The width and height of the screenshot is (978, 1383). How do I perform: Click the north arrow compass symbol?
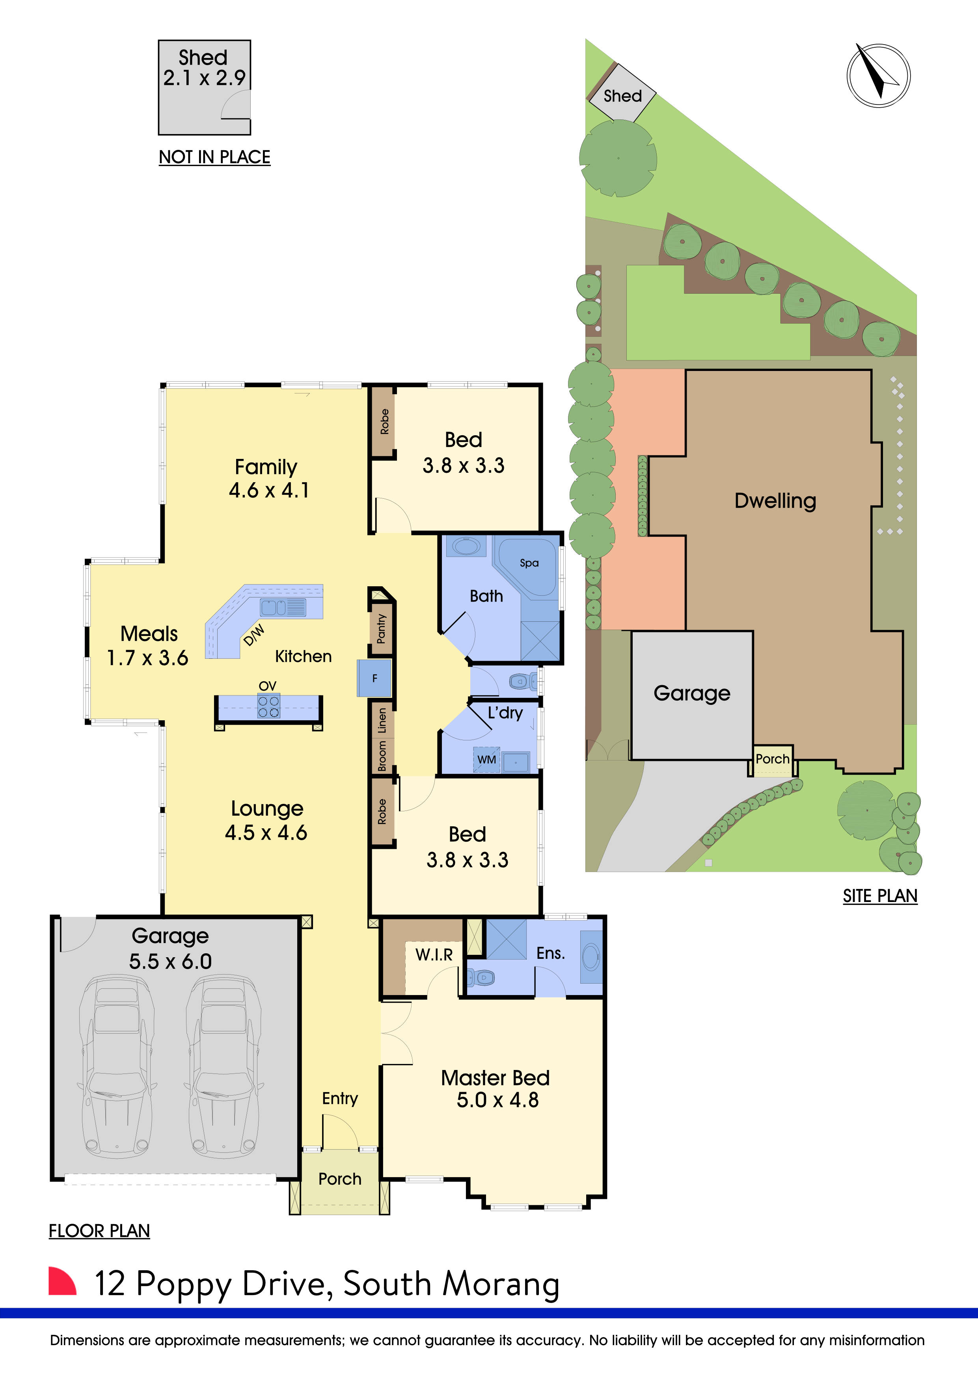click(x=878, y=76)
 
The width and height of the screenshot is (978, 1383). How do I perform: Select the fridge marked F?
click(x=374, y=678)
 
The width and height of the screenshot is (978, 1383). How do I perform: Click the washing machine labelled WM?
click(x=486, y=760)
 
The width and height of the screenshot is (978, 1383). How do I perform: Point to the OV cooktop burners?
click(x=268, y=706)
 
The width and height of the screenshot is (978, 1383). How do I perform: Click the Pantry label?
click(x=381, y=629)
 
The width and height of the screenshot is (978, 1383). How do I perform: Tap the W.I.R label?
click(x=434, y=955)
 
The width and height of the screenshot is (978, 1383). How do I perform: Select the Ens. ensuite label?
click(x=550, y=953)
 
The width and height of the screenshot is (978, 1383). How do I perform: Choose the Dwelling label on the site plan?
click(x=775, y=501)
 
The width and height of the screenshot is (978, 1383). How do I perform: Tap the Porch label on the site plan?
click(x=772, y=759)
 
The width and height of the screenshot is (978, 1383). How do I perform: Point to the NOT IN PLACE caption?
click(x=214, y=157)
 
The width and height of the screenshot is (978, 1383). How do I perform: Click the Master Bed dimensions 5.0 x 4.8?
click(x=497, y=1100)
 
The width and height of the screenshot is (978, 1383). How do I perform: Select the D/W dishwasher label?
click(x=253, y=635)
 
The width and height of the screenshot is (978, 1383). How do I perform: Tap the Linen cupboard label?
click(x=382, y=720)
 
